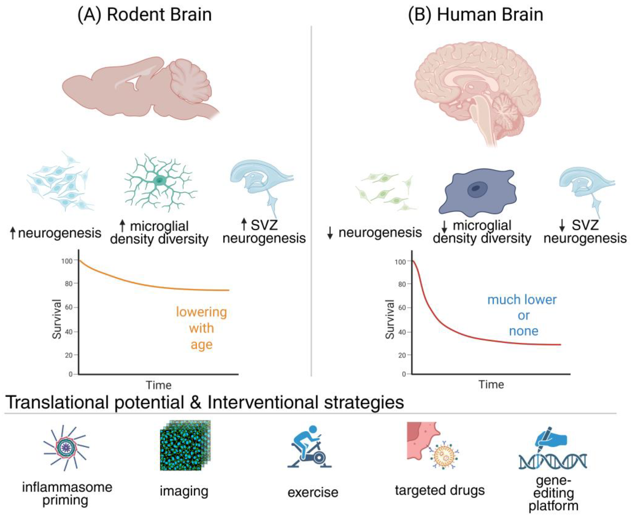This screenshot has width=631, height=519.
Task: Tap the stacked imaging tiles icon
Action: [185, 445]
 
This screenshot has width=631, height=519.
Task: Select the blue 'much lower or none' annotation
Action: [522, 315]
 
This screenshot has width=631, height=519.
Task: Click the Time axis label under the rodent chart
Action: [159, 385]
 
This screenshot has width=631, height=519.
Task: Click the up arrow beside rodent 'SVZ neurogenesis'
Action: [244, 224]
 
